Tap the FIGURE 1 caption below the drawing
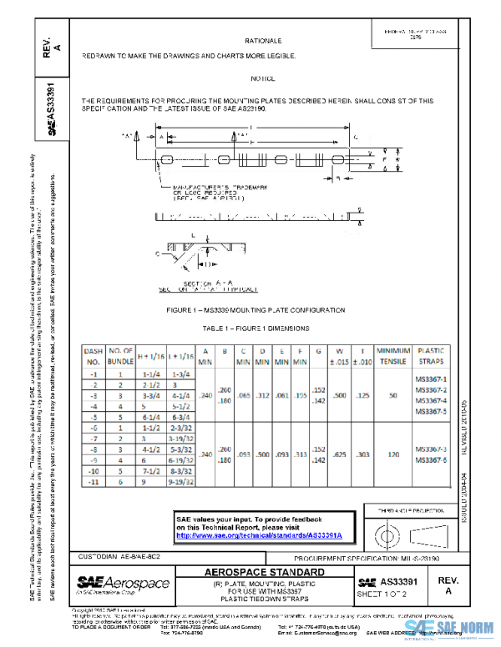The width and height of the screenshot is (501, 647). [266, 310]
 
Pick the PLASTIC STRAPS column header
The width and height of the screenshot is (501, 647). [431, 356]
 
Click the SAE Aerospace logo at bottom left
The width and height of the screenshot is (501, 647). [123, 582]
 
